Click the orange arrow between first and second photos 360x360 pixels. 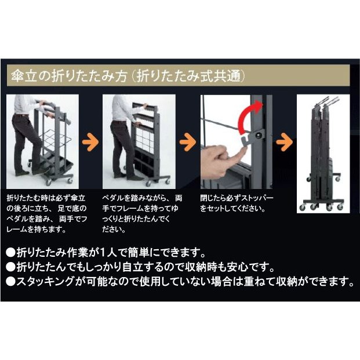pos(90,142)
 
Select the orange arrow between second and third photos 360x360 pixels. pos(188,142)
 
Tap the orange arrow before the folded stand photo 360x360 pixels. pos(284,142)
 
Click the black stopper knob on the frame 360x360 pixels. pos(260,136)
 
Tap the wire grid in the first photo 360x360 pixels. pos(52,140)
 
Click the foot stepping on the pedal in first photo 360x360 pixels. pos(41,170)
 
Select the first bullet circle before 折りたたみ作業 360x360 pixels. pos(10,253)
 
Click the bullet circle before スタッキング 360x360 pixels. pos(10,282)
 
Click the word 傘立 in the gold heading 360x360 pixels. pos(24,76)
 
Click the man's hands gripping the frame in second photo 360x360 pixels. pos(142,115)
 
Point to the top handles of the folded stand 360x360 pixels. pos(326,101)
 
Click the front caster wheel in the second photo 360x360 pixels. pos(148,183)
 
